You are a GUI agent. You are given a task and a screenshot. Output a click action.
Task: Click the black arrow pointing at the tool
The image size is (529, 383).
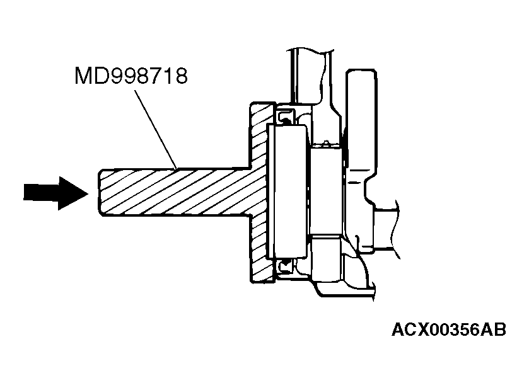(55, 193)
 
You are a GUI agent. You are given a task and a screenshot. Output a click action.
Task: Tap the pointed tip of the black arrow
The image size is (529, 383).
(88, 193)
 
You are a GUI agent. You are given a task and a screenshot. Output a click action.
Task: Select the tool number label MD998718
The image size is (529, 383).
(131, 76)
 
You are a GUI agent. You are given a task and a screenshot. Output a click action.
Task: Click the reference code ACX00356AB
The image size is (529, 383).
(449, 329)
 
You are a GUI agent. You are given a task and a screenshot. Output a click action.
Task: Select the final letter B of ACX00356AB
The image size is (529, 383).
(501, 329)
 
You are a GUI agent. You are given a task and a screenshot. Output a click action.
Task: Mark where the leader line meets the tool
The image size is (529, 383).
(177, 168)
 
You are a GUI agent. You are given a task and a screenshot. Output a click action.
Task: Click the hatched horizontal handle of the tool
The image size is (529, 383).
(175, 191)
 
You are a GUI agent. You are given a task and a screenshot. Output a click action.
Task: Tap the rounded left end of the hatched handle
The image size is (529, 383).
(100, 191)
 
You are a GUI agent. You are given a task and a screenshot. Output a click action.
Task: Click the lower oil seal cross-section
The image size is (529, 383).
(286, 266)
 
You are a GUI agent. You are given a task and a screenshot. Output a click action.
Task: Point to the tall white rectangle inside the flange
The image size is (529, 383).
(289, 191)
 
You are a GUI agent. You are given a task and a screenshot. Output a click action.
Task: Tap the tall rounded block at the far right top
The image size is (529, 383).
(361, 122)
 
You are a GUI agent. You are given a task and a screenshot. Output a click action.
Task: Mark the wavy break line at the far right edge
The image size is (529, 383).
(395, 229)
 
